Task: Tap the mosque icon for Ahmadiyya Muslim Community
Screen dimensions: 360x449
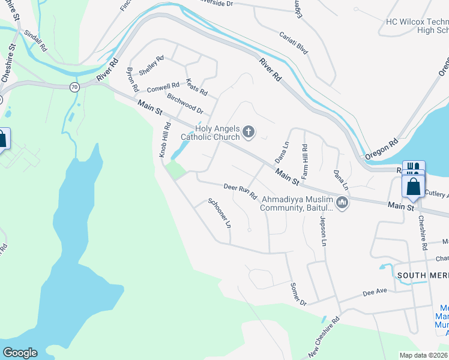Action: click(342, 204)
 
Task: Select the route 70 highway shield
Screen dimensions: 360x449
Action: click(74, 86)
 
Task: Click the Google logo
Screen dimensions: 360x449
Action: click(20, 353)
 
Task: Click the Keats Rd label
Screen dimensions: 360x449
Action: click(196, 88)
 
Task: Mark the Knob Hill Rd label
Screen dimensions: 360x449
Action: click(164, 140)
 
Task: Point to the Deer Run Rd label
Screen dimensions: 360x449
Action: click(240, 191)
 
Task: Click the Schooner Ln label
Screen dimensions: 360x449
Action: click(220, 214)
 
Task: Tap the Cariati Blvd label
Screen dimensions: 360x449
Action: click(294, 43)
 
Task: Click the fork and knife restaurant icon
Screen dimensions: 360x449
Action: click(412, 166)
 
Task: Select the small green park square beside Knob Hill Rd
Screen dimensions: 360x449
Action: click(175, 170)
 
